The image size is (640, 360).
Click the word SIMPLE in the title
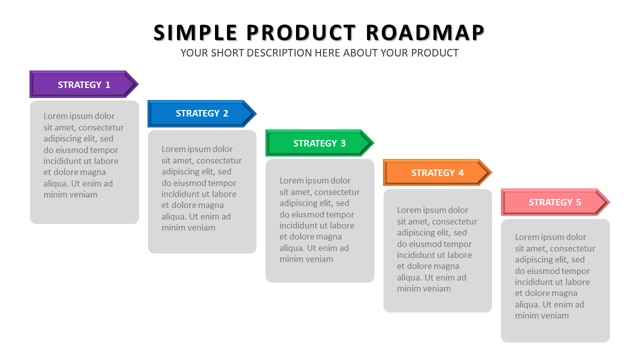pos(195,32)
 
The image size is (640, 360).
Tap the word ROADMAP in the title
pos(425,32)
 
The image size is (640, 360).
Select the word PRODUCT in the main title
pos(301,32)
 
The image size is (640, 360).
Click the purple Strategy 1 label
pos(84,84)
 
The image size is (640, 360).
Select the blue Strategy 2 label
pos(202,113)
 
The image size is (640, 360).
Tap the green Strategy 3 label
pos(319,143)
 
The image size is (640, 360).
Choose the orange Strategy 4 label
pos(437,172)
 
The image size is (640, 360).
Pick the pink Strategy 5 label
pos(555,202)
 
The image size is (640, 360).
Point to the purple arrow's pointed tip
pos(138,84)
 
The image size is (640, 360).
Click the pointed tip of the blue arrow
pos(256,113)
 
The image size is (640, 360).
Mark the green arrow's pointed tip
pos(374,143)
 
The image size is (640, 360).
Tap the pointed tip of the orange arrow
pos(492,172)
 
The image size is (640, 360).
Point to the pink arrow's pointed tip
pos(610,202)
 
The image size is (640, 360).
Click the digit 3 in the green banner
pos(343,143)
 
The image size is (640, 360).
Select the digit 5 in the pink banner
pos(578,202)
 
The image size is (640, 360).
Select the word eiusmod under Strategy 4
pos(423,244)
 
